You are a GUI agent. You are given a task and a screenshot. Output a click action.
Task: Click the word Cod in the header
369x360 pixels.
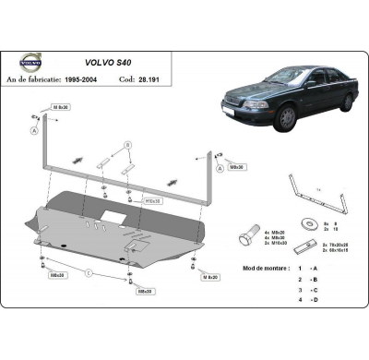(x=149, y=80)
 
